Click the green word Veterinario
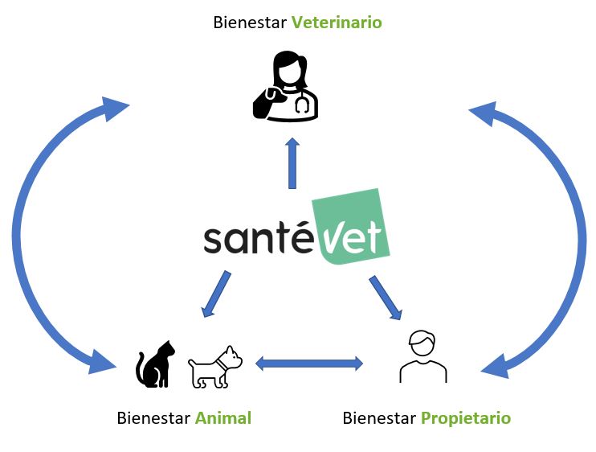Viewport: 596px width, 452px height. pyautogui.click(x=337, y=23)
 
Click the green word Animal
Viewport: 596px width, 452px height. pyautogui.click(x=222, y=418)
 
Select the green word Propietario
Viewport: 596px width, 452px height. pyautogui.click(x=466, y=418)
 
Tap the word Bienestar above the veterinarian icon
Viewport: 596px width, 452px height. pyautogui.click(x=250, y=23)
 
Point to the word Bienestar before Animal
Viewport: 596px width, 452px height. pyautogui.click(x=153, y=418)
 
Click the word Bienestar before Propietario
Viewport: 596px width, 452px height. pyautogui.click(x=378, y=418)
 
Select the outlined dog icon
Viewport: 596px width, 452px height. pyautogui.click(x=215, y=368)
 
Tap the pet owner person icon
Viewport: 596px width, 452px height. pyautogui.click(x=423, y=356)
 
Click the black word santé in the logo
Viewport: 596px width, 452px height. pyautogui.click(x=257, y=239)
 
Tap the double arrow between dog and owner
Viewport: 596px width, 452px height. pyautogui.click(x=309, y=364)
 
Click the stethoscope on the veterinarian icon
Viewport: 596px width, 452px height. pyautogui.click(x=302, y=102)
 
